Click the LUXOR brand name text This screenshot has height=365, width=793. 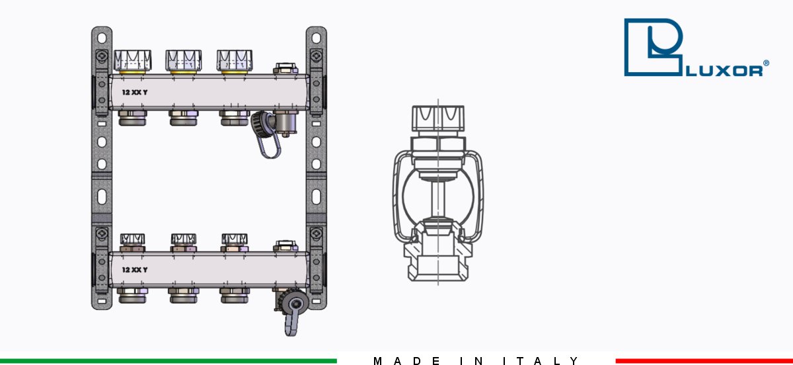[x=725, y=71]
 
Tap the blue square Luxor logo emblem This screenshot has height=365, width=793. [x=653, y=47]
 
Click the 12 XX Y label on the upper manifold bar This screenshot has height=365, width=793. [x=135, y=93]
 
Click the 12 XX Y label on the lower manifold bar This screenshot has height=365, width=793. [x=135, y=270]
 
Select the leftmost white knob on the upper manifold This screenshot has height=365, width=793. [x=132, y=60]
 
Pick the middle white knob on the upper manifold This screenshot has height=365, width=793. [x=184, y=60]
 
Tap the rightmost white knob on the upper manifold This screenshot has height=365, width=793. [x=235, y=60]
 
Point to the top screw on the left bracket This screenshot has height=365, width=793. [x=102, y=56]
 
